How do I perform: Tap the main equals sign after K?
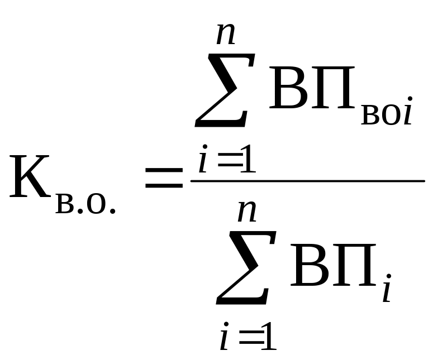[x=163, y=180]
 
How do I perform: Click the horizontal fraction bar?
[x=307, y=181]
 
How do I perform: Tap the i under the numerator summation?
[x=203, y=162]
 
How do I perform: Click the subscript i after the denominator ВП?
[x=386, y=290]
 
